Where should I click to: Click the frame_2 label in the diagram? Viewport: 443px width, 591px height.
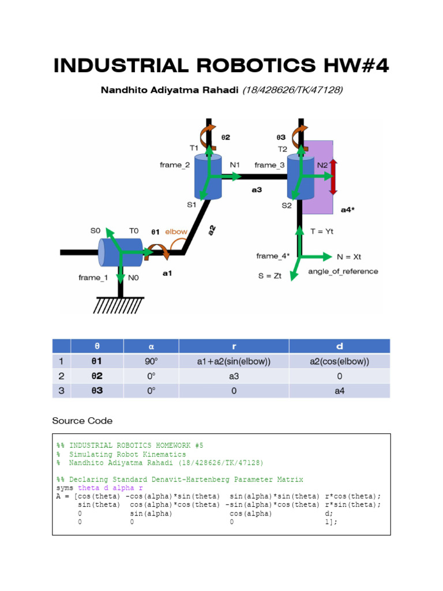point(175,165)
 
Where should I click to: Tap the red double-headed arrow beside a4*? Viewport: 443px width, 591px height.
point(333,177)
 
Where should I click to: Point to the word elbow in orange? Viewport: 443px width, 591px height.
point(177,231)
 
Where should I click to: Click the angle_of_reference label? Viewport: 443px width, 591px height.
point(343,271)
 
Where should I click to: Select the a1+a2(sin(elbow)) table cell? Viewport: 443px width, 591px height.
point(234,362)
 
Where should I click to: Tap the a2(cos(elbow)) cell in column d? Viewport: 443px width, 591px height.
point(339,362)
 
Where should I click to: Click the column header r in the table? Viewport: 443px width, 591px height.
point(234,346)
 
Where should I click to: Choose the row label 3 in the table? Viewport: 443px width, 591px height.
point(61,391)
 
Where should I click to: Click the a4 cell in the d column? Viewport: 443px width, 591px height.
point(339,391)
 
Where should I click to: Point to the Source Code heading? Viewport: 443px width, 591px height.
point(82,421)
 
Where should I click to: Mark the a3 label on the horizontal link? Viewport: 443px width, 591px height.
point(256,189)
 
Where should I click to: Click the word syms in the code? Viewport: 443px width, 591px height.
point(65,488)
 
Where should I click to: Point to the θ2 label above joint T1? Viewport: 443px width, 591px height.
point(226,137)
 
